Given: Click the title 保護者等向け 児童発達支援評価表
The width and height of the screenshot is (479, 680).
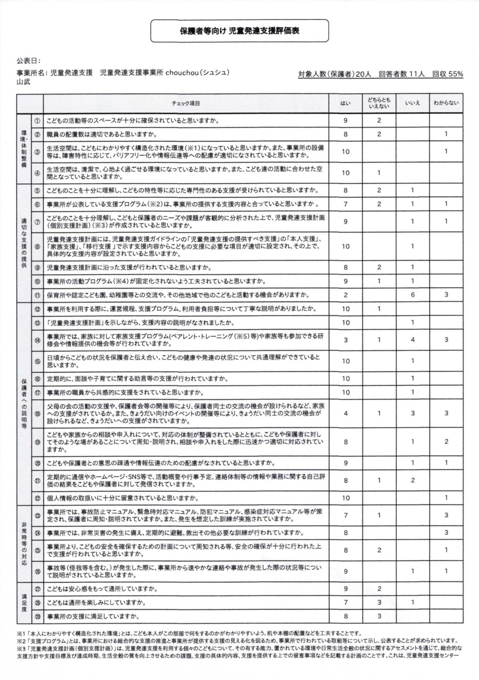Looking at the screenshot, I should (x=239, y=31).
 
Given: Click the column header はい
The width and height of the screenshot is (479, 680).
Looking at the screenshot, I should (x=345, y=103).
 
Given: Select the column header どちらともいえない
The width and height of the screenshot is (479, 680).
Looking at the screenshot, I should (x=379, y=103).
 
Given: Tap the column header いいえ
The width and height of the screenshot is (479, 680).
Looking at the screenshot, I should (x=412, y=103).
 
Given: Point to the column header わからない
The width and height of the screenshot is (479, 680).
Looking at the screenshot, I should (x=446, y=103).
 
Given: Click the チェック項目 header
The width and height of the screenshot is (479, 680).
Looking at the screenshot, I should (x=186, y=103).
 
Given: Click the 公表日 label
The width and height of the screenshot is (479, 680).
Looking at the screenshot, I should (x=28, y=61).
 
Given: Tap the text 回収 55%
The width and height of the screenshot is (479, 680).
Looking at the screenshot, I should (x=447, y=74).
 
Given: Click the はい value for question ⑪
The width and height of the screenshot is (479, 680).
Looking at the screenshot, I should (x=345, y=295).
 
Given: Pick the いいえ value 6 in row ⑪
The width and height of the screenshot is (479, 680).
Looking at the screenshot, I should (x=412, y=295).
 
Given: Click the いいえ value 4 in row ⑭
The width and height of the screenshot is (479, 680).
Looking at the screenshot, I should (x=412, y=340).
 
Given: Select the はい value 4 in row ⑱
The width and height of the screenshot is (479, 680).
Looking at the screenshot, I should (x=345, y=413).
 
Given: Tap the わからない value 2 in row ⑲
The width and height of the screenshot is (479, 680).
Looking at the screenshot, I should (x=446, y=442).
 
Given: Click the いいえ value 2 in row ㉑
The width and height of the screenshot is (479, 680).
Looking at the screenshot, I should (x=412, y=481).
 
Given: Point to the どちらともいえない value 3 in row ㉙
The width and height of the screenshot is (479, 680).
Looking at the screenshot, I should (x=379, y=616).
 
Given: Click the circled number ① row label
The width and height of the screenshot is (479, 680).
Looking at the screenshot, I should (x=37, y=121).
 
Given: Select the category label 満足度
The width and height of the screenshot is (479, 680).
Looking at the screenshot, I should (x=24, y=602).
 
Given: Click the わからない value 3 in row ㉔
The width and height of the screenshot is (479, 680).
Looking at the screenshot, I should (x=446, y=533).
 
